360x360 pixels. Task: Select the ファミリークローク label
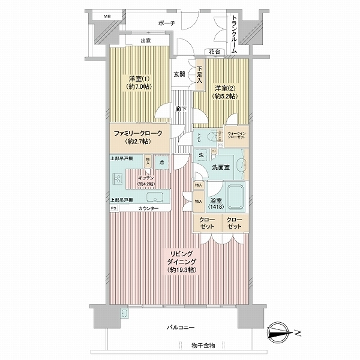coord(138,138)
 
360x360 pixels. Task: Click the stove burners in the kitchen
coord(116,179)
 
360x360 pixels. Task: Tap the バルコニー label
coord(180,328)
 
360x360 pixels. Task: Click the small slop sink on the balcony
coord(124,314)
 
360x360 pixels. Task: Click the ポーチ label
coord(166,23)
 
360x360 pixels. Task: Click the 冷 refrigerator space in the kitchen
coord(161,161)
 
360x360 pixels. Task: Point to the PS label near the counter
coord(113,208)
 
